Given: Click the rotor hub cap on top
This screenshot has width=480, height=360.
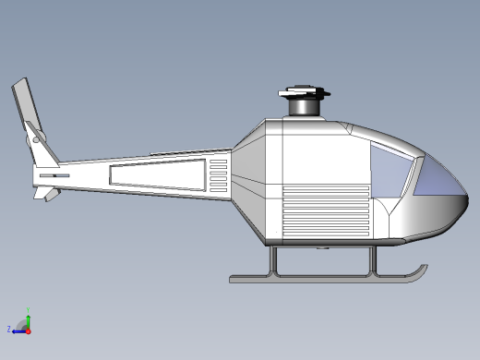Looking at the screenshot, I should pos(303,91).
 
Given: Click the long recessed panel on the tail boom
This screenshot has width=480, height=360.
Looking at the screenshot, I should pos(158,175).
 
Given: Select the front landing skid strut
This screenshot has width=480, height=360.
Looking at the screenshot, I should pos(374,260).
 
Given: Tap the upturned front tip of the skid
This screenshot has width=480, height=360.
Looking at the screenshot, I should pos(422,270).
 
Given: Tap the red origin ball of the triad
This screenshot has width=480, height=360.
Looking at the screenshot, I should pos(28,329).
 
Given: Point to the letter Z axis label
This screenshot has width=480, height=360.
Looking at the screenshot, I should pos(8,329).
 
